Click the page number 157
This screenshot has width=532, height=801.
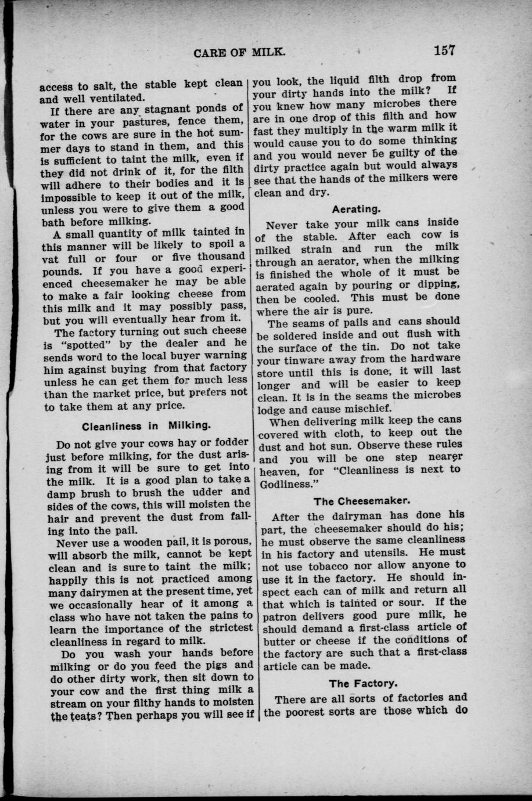(x=443, y=50)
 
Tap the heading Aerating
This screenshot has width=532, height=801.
(x=356, y=208)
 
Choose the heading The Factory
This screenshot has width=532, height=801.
(x=364, y=683)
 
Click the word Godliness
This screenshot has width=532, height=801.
(x=287, y=484)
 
